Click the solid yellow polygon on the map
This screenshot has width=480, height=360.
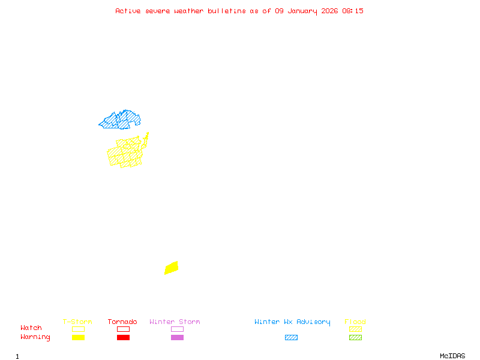(172, 268)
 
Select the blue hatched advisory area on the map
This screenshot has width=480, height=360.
(120, 120)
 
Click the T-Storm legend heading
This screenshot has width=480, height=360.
(77, 322)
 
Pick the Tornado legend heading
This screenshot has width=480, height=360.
(122, 322)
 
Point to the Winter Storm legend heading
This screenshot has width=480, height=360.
(175, 322)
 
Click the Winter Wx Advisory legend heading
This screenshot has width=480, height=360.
(292, 322)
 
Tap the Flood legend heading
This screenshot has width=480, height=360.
(355, 322)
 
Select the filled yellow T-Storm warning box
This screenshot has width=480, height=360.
(78, 338)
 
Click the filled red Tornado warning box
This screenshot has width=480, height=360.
(123, 338)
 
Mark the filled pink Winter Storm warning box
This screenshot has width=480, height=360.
(177, 338)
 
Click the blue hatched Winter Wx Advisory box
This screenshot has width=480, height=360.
(291, 338)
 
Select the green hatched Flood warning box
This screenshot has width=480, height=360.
(355, 338)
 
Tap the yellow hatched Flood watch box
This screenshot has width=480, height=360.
(355, 329)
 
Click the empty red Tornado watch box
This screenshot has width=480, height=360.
(123, 329)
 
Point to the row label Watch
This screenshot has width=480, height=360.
(31, 328)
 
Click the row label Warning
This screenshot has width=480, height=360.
(35, 337)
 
